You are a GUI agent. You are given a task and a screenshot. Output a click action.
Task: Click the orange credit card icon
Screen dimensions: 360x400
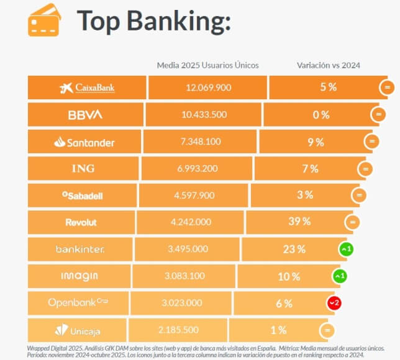point(44,20)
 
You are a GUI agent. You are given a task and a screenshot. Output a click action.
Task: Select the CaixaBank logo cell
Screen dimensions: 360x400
point(87,88)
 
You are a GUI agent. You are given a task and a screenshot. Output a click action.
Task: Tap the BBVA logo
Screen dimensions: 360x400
point(85,115)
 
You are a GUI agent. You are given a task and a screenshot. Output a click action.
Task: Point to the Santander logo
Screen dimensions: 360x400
point(84,142)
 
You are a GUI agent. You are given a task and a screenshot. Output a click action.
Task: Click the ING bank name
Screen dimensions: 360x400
point(83,169)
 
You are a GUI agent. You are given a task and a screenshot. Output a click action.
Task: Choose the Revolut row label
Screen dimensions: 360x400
point(81,222)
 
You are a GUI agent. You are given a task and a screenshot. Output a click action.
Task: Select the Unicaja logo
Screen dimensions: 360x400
point(77,330)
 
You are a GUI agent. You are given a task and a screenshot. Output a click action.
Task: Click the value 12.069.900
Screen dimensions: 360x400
point(209,88)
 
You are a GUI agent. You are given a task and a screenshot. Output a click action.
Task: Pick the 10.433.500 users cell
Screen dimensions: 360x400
point(204,115)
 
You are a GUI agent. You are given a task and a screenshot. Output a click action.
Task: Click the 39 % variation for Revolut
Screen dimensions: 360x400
point(299,222)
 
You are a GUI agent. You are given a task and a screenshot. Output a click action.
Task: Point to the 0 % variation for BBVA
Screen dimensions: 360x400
point(321,115)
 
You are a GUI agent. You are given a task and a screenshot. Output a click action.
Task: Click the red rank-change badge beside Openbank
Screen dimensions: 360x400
point(334,302)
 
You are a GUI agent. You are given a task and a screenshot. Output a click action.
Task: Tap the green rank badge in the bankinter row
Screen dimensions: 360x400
point(345,249)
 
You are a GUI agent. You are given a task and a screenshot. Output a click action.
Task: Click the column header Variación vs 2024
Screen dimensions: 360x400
point(329,65)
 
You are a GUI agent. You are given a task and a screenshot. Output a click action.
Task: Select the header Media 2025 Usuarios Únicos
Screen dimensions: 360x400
point(207,65)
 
